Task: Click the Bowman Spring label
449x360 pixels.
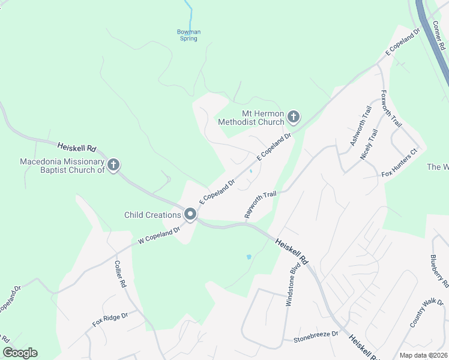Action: tap(188, 35)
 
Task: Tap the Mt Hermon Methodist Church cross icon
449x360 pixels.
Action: tap(293, 116)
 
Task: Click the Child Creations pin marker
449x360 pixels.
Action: tap(191, 214)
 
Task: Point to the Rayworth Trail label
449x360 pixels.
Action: tap(260, 205)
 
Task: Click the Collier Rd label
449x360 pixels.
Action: tap(120, 274)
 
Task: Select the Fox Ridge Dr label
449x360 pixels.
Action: tap(110, 319)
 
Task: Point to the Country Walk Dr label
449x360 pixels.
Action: tap(427, 313)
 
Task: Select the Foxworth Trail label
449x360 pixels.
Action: tap(390, 109)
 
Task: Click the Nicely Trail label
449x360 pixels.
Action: tap(369, 145)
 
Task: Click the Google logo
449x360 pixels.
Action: tap(20, 353)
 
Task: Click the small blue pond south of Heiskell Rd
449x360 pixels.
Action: tap(249, 257)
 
